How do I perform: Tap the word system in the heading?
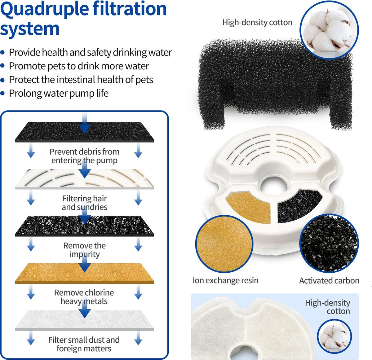coord(30,29)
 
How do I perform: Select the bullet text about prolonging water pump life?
coord(59,93)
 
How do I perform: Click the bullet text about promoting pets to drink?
coord(79,66)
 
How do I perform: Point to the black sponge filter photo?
coord(275,84)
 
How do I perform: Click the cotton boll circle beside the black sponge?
coord(329,30)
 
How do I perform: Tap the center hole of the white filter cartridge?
coord(273,187)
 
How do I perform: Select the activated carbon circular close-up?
coord(329,243)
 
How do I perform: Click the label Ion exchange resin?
coord(225,280)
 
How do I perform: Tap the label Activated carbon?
coord(329,280)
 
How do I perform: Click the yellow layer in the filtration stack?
coord(84,274)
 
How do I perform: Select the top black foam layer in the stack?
coord(84,132)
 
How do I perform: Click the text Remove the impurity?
coord(85,250)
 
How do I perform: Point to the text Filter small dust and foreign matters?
coord(84,344)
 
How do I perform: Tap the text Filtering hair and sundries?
coord(85,203)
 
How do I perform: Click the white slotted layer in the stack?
coord(84,179)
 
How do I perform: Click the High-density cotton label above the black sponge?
coord(257,23)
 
